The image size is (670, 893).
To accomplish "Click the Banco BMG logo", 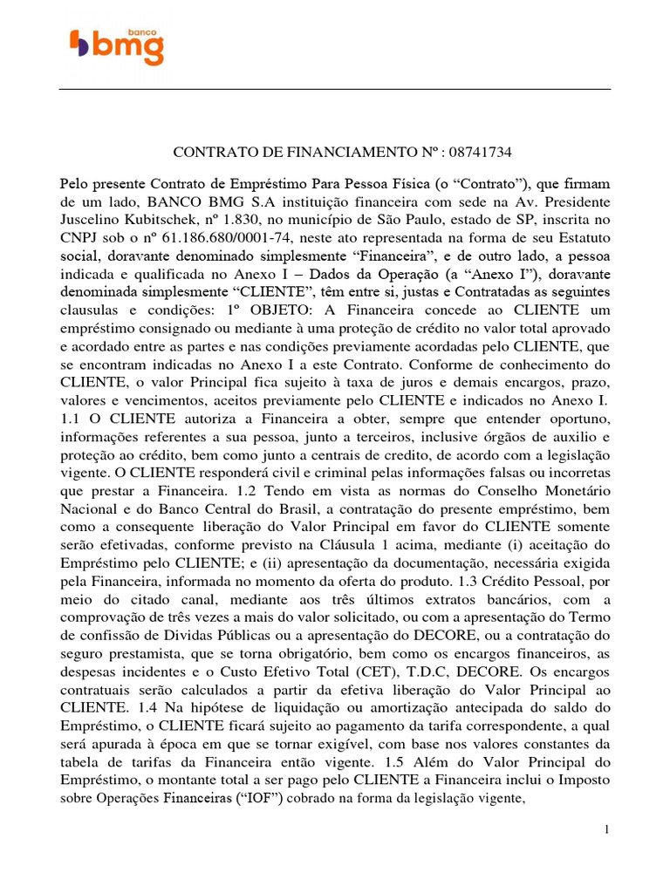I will (x=116, y=45).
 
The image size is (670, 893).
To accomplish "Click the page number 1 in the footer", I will (x=606, y=829).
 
